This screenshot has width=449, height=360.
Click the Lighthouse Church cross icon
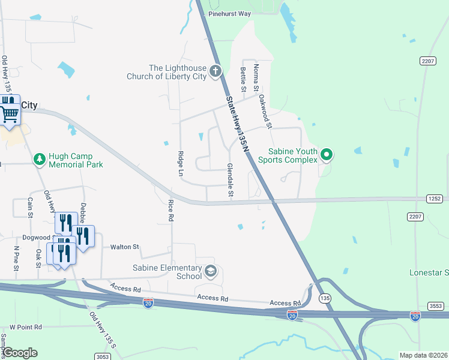point(215,72)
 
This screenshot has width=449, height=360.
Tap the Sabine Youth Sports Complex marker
point(327,155)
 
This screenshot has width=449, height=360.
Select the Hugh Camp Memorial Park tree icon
point(40,160)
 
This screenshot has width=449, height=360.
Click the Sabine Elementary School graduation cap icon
point(210,272)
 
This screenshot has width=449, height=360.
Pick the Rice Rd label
point(170,211)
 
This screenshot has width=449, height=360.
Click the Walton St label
point(124,247)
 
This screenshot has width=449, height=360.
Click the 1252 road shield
point(435,198)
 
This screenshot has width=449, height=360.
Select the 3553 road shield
point(435,306)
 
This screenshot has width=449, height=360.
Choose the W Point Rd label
point(26,327)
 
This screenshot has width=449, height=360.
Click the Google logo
point(19,352)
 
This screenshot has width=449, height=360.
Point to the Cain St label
point(29,208)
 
